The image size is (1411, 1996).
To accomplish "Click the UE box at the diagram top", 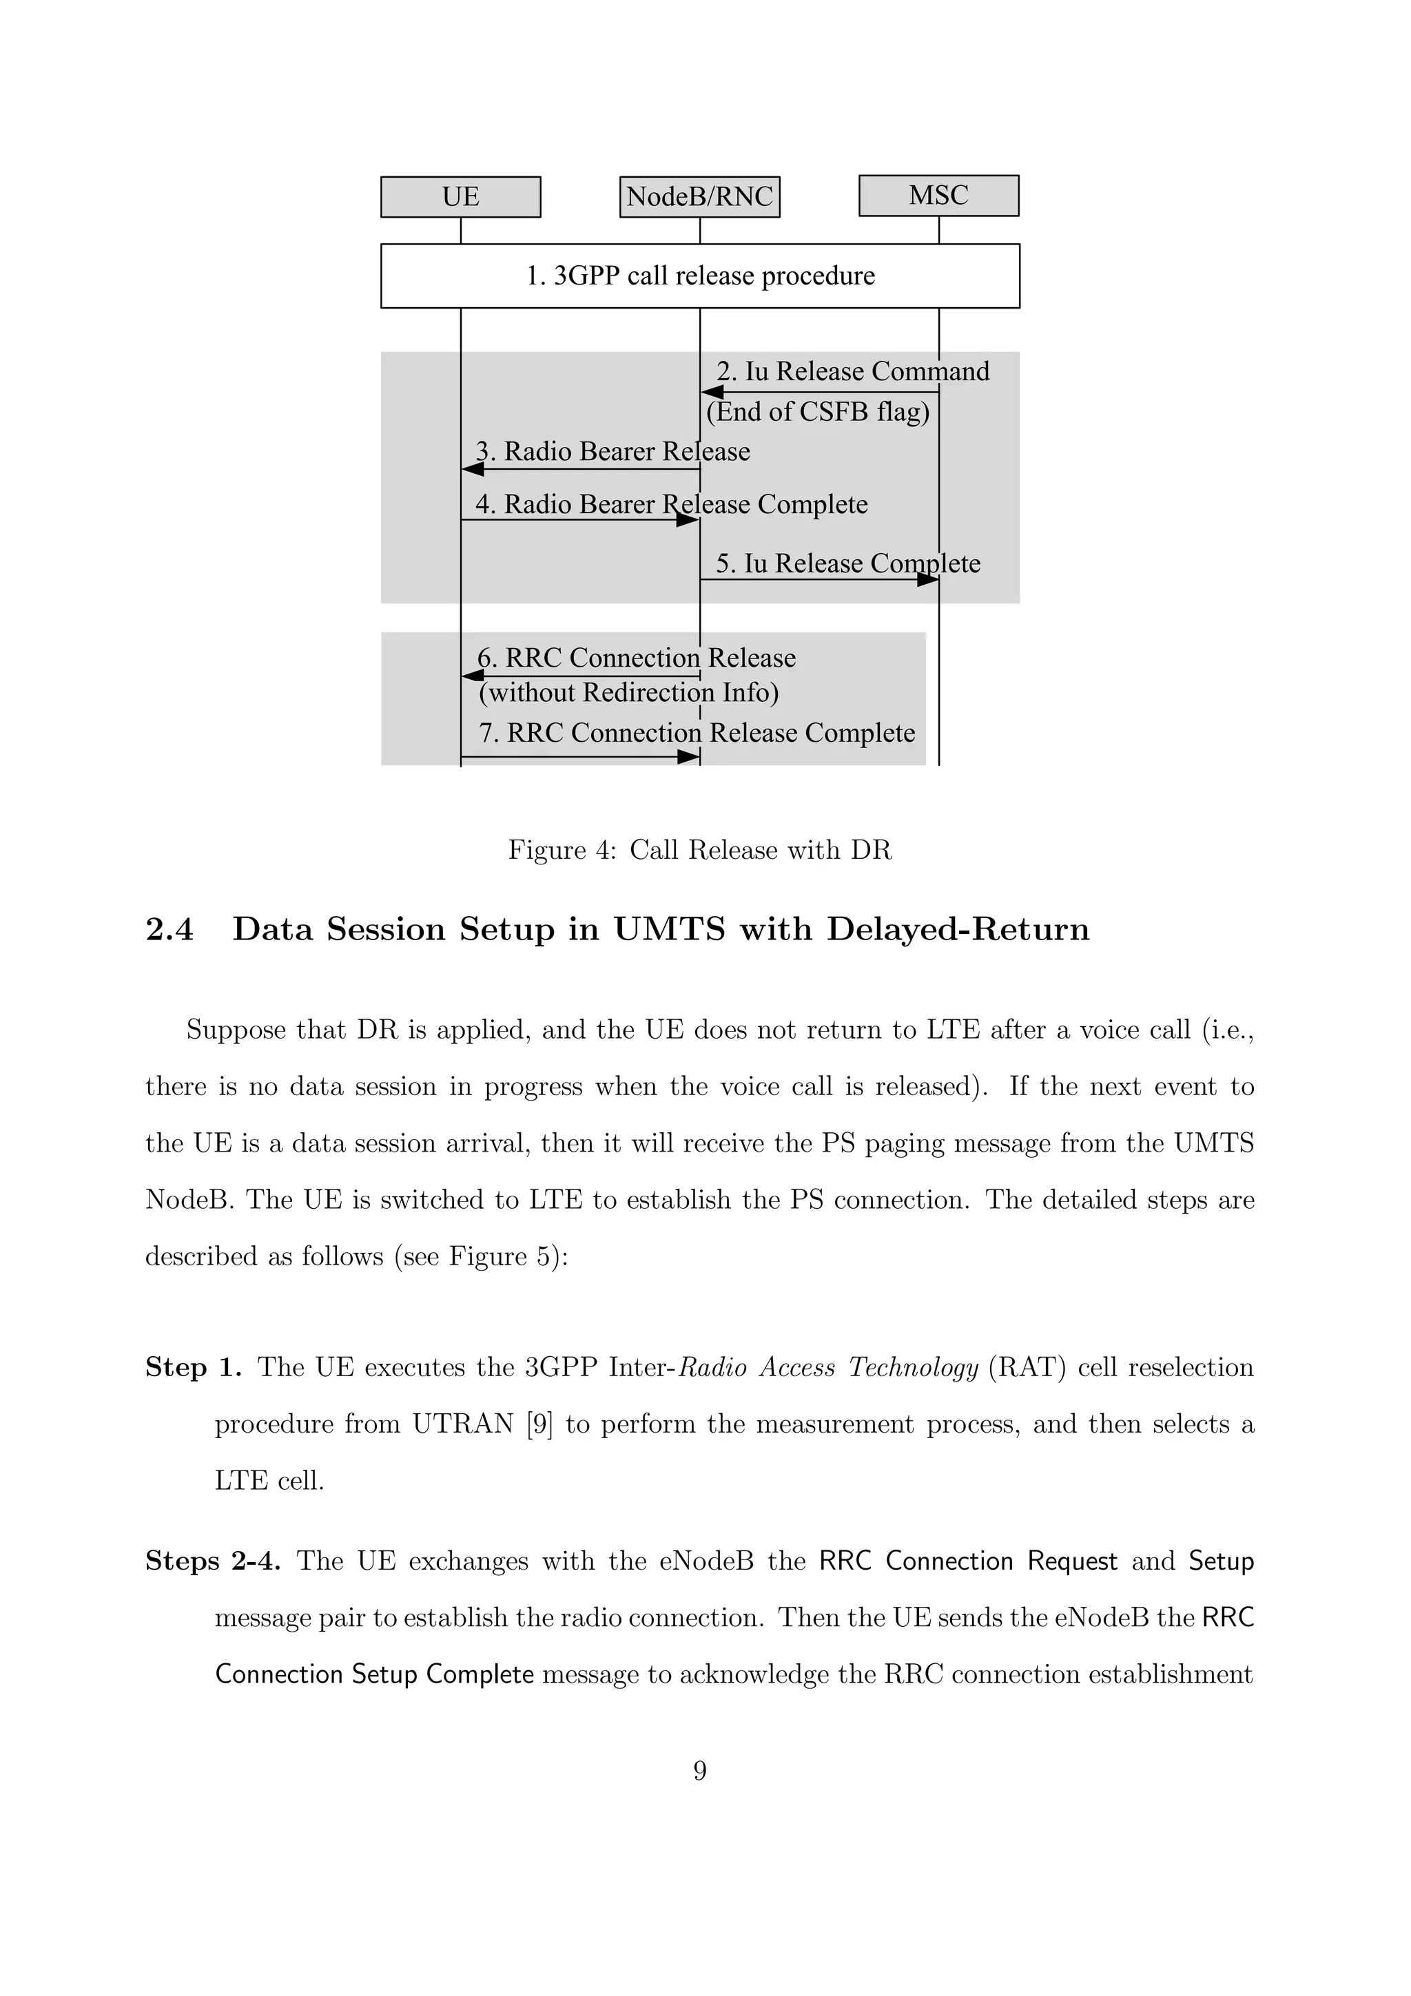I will pos(460,196).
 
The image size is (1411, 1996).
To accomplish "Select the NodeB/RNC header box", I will pos(699,196).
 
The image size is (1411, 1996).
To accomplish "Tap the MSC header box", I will pos(938,196).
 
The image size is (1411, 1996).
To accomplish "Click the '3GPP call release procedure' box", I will pos(700,276).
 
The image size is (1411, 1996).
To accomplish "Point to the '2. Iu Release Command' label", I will pos(852,371).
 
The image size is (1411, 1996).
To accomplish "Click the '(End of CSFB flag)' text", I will pos(817,411).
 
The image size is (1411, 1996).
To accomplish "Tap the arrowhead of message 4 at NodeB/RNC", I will pos(688,520).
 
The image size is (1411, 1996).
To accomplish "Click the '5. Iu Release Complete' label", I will pos(847,563).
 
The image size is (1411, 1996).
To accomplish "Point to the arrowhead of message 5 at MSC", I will pos(927,580).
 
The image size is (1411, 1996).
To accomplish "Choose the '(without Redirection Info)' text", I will pos(628,693).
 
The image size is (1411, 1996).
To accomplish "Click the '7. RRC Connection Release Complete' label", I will pos(697,733).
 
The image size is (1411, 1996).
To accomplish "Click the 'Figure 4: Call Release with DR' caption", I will pos(700,849).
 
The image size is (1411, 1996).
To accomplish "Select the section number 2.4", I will pos(169,929).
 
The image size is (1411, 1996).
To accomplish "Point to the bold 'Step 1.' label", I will pos(193,1367).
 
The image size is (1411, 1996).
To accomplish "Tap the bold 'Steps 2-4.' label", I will pos(213,1561).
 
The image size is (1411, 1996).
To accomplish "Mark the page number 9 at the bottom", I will pos(700,1771).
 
